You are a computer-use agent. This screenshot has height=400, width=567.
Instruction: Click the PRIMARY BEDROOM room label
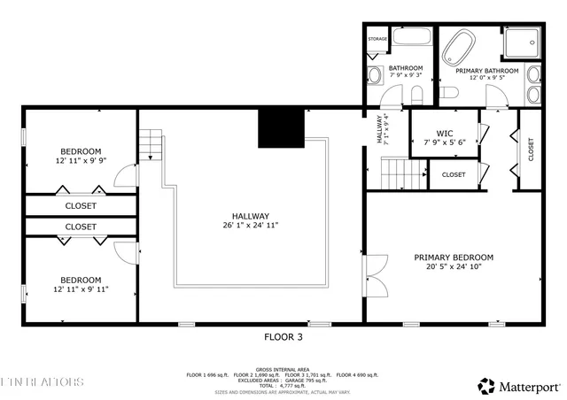tap(454, 258)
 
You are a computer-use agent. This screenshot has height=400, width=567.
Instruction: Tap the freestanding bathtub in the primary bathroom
tap(459, 46)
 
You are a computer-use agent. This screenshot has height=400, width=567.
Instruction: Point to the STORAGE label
tap(377, 39)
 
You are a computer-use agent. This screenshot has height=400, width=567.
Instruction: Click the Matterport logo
tap(519, 386)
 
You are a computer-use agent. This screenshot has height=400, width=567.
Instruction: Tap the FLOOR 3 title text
tap(283, 337)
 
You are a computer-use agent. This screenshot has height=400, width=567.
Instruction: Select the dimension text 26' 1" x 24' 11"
tap(251, 226)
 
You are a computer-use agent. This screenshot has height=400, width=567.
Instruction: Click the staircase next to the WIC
tap(398, 172)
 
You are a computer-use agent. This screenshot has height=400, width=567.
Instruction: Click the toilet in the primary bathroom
tap(448, 93)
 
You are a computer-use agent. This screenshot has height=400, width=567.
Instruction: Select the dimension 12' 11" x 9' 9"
tap(81, 161)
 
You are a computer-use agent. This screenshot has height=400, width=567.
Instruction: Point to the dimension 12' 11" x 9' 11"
tap(81, 289)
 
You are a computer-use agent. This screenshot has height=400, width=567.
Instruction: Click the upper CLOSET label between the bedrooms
tap(81, 205)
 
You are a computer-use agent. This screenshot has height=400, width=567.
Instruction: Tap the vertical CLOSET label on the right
tap(531, 148)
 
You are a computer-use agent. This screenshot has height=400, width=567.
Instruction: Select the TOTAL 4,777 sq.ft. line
tap(283, 386)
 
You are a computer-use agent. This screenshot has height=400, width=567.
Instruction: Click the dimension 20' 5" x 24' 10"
tap(454, 267)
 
